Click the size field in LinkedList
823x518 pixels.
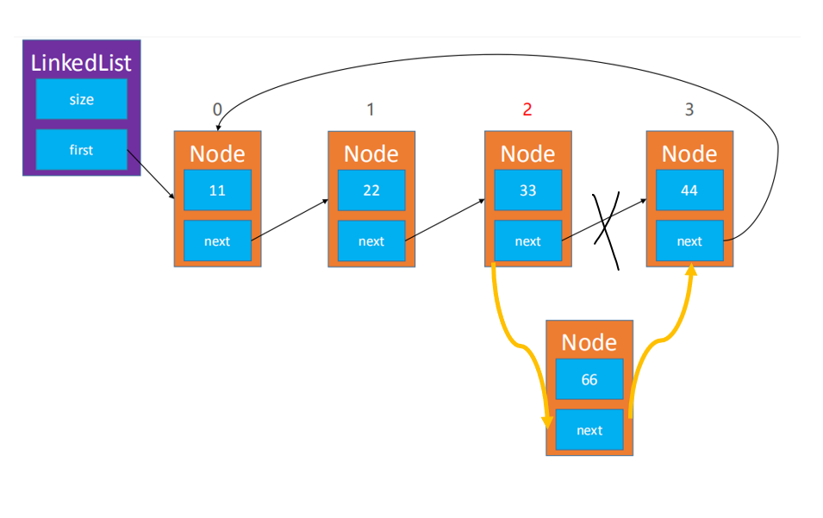tap(81, 98)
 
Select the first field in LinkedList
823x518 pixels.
tap(81, 150)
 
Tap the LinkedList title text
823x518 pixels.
tap(81, 63)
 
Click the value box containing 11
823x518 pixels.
tap(217, 190)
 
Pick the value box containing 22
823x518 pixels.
tap(371, 190)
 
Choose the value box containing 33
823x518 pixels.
tap(528, 190)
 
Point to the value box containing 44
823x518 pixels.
tap(689, 190)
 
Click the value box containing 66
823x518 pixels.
tap(589, 379)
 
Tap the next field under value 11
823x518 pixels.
tap(217, 240)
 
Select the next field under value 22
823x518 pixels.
tap(371, 240)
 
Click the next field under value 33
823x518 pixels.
tap(528, 240)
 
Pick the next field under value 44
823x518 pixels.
tap(689, 240)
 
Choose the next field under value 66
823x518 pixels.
tap(589, 430)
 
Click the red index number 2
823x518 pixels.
tap(527, 109)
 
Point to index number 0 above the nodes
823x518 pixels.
tap(217, 109)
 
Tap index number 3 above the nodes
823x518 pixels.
tap(689, 109)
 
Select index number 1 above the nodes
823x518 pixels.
tap(371, 109)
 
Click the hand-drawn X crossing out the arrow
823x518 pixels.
tap(606, 230)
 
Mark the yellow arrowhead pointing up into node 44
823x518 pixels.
tap(691, 269)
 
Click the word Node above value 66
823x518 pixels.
tap(589, 342)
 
